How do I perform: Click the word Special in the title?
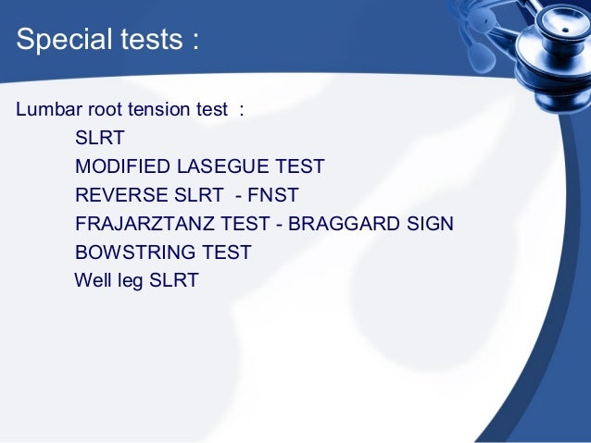60,42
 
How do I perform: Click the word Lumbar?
45,110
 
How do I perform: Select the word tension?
158,110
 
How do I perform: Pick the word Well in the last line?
92,279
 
